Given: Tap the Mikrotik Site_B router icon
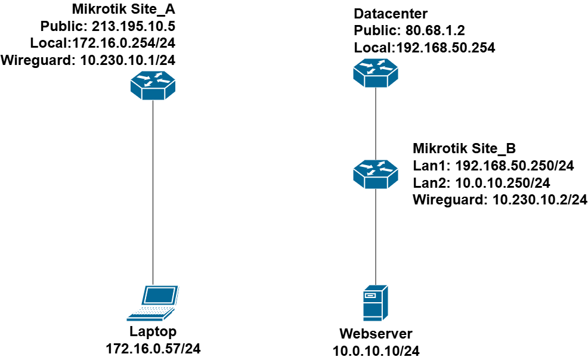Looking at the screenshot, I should click(x=375, y=173).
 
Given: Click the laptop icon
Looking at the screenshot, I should click(x=153, y=302).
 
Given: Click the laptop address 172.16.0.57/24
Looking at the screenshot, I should click(x=153, y=347).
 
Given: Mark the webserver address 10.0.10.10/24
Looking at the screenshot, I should click(x=376, y=350).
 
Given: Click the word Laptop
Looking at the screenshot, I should click(x=153, y=331).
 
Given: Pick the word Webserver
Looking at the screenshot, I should click(x=376, y=334).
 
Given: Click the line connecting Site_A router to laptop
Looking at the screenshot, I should click(x=153, y=191).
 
